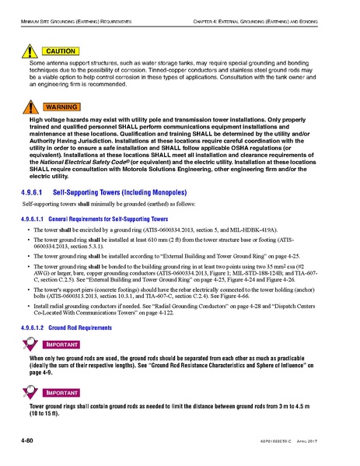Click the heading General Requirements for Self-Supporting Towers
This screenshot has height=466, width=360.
click(x=113, y=219)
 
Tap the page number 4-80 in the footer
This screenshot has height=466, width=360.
click(x=30, y=442)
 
